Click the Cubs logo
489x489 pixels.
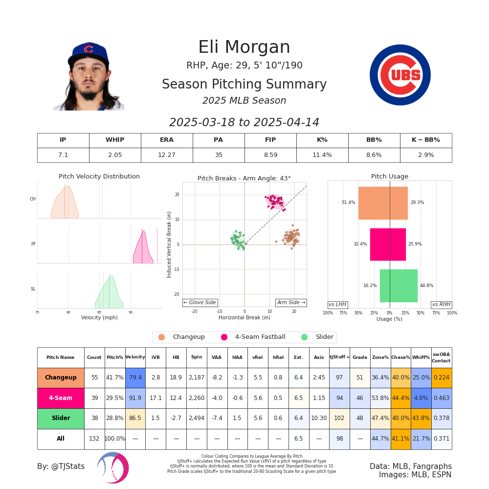[x=400, y=75]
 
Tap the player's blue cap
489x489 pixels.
[x=88, y=51]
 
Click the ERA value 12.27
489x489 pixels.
[x=167, y=155]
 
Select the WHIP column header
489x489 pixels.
[x=115, y=140]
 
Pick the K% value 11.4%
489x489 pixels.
[x=322, y=155]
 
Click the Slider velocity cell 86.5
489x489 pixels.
[x=135, y=419]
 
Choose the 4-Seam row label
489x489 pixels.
[x=61, y=398]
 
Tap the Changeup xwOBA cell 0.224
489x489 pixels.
[x=441, y=378]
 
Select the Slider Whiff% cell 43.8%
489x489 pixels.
[x=421, y=419]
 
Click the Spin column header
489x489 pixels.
[x=197, y=357]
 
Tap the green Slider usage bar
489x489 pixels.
[x=399, y=286]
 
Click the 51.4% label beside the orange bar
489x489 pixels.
[x=348, y=202]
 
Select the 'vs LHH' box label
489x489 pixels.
[x=337, y=305]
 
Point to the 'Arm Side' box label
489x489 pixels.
[x=291, y=303]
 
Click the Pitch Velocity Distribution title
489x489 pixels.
[x=99, y=177]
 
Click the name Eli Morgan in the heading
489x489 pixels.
[x=244, y=47]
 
